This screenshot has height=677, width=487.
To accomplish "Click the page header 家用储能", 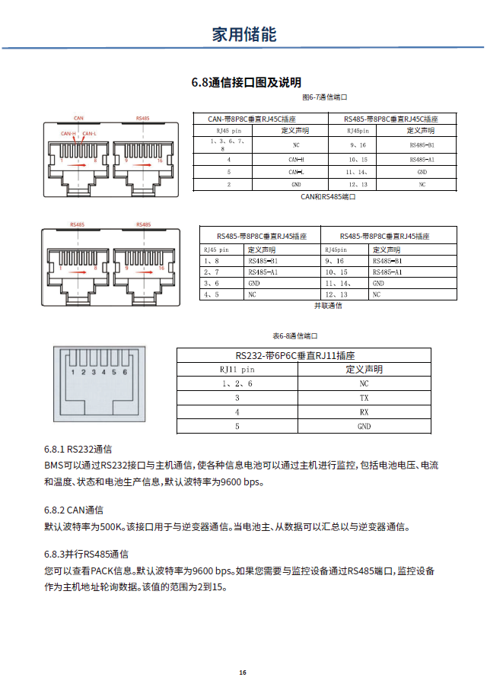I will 243,34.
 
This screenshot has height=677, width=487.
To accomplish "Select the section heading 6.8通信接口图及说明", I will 246,82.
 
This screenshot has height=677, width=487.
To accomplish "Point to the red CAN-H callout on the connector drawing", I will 69,134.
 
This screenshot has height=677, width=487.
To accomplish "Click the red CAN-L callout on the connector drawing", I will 89,134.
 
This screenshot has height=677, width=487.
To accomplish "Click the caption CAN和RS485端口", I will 328,196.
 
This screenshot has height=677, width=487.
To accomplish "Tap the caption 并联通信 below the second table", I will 328,305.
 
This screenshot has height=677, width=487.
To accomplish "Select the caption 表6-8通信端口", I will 294,335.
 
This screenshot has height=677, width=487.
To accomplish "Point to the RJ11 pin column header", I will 237,370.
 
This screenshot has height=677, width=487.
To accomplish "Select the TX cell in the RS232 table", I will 364,398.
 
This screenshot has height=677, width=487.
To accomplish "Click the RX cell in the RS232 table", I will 364,412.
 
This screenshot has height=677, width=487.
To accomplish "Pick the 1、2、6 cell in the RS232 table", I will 237,384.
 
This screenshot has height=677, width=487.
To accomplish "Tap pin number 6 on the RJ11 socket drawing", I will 124,372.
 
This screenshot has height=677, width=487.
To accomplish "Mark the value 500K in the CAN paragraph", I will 111,526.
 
